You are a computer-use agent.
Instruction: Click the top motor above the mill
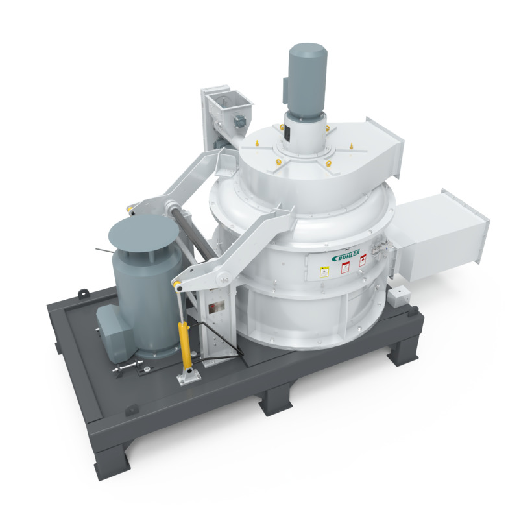tap(307, 84)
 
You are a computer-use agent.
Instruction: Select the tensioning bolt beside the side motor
tap(127, 370)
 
